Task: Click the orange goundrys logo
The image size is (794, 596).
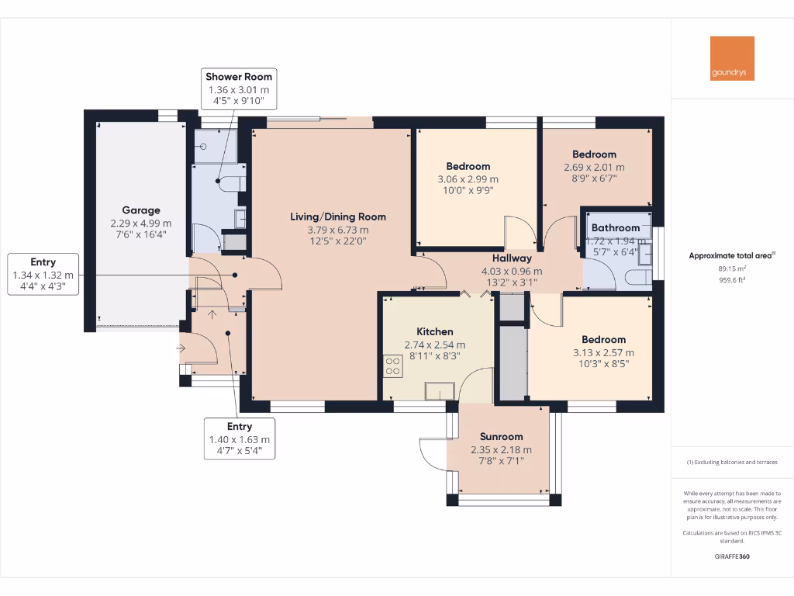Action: click(x=732, y=58)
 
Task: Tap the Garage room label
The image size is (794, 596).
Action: click(x=141, y=210)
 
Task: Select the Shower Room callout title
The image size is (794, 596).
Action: click(x=238, y=76)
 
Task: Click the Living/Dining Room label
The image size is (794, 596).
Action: click(x=337, y=217)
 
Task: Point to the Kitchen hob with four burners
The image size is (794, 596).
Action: click(x=392, y=365)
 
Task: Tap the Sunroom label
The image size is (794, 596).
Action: click(x=501, y=436)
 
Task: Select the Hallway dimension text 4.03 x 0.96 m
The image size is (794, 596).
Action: click(x=512, y=271)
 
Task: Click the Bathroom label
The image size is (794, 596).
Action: click(x=616, y=227)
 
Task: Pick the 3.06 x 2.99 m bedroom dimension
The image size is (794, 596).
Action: click(x=468, y=178)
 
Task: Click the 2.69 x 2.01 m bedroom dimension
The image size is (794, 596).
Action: click(x=594, y=167)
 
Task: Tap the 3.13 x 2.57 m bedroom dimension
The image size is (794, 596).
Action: click(x=604, y=352)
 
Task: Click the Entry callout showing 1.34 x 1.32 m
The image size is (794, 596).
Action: click(x=43, y=275)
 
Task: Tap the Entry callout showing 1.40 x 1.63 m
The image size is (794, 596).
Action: click(x=240, y=439)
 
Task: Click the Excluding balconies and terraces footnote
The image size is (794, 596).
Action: click(x=732, y=463)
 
